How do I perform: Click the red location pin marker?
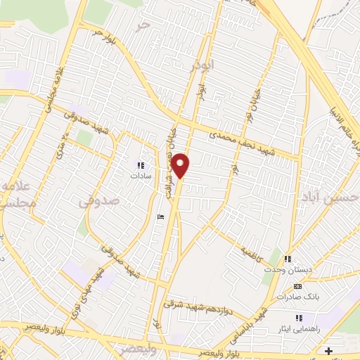coord(181,165)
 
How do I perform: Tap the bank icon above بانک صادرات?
coord(297,287)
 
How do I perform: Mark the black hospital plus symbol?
coord(328,351)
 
